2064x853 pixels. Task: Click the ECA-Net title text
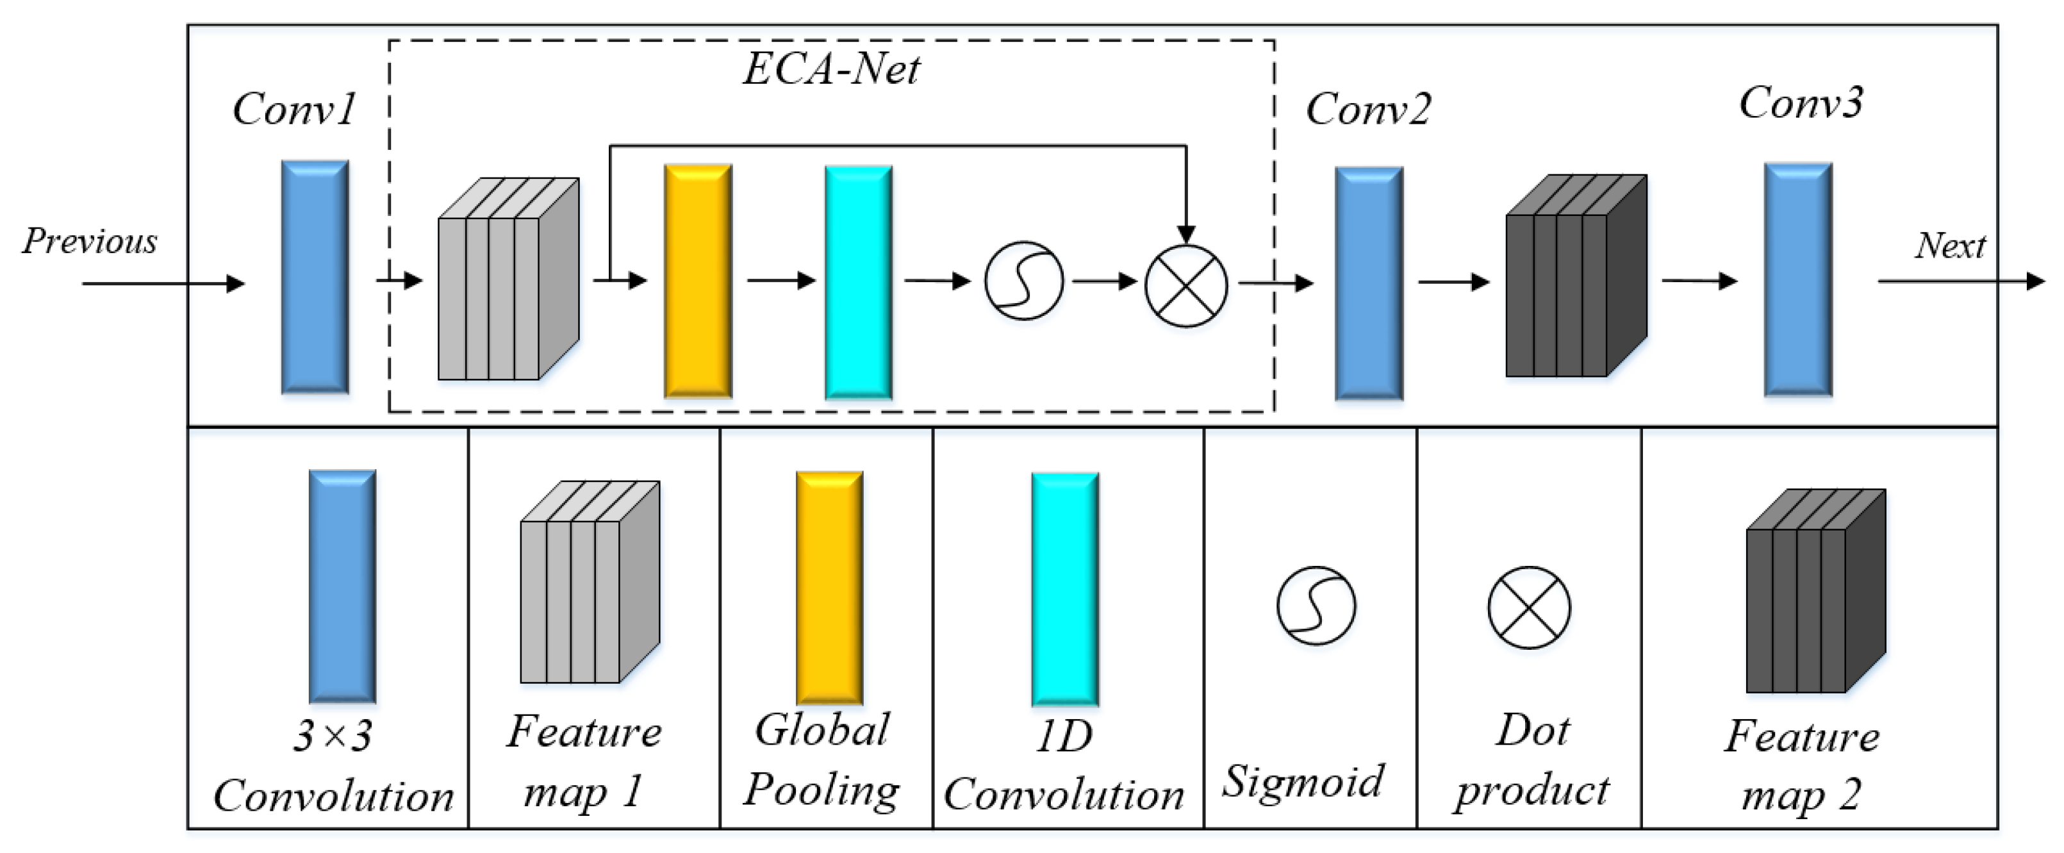831,69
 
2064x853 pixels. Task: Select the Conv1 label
294,109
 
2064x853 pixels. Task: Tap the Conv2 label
1367,109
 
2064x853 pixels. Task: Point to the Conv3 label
1801,103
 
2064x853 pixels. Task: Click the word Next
1949,246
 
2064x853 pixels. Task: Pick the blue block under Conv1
315,277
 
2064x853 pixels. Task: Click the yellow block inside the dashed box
698,281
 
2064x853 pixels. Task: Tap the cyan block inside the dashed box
859,282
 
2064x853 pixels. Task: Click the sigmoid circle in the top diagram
1023,281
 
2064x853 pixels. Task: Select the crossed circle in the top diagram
1186,285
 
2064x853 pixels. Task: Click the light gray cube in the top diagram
507,279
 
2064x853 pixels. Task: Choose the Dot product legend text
1530,761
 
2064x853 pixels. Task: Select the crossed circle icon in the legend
1529,608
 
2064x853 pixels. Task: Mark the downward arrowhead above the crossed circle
1186,234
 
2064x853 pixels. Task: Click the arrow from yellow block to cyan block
780,281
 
